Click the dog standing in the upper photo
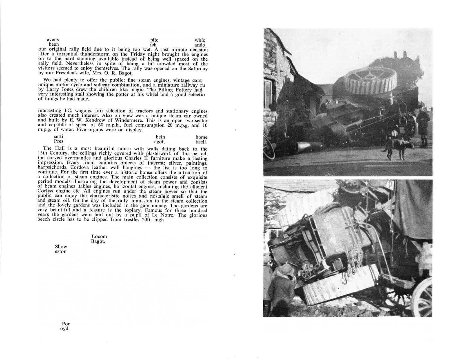(396, 147)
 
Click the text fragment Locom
(99, 237)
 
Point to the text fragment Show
(61, 247)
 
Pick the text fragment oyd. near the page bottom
(65, 329)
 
